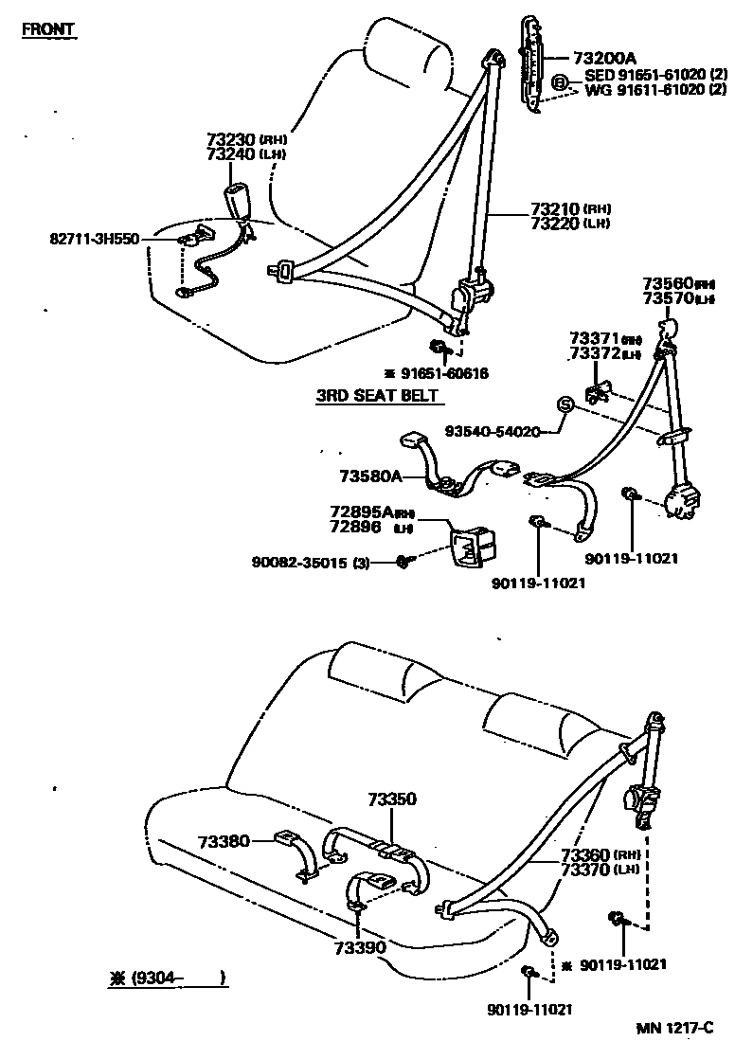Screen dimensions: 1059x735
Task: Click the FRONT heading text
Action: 48,29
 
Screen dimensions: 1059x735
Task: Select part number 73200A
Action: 604,58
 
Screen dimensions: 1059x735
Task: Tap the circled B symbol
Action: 560,83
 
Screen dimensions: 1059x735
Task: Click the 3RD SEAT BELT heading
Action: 378,396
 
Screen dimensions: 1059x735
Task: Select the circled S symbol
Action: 565,405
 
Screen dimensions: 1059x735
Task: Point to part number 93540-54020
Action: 493,431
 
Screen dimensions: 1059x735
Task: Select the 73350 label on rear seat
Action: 392,800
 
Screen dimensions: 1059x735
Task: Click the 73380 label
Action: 224,840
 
